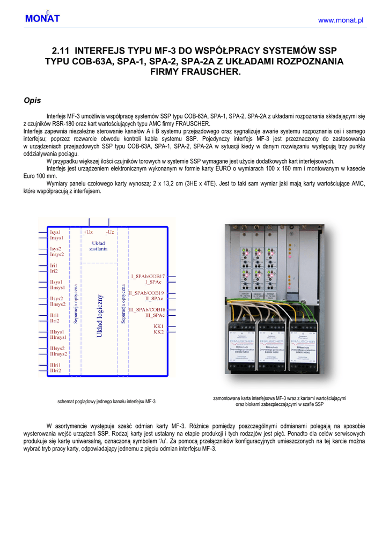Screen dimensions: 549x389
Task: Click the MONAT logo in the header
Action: (x=42, y=19)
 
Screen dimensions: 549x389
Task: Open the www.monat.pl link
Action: (x=341, y=20)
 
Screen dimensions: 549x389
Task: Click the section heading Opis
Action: (x=33, y=100)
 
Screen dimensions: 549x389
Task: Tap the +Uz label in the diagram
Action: (x=88, y=232)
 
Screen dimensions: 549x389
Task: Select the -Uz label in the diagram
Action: (x=110, y=232)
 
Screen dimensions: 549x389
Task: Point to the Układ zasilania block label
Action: (x=98, y=246)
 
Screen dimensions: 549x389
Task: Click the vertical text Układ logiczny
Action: (x=99, y=316)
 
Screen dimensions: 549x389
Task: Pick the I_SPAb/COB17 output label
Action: (x=148, y=276)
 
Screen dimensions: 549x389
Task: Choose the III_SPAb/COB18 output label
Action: (x=146, y=310)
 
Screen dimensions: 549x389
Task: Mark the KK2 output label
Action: (x=158, y=332)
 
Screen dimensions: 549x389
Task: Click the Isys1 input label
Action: (x=55, y=232)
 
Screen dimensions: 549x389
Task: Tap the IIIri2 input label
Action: (x=56, y=370)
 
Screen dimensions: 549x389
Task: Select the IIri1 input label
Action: (x=55, y=315)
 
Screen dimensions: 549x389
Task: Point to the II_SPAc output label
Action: (x=154, y=299)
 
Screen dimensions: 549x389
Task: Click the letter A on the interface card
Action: (x=292, y=279)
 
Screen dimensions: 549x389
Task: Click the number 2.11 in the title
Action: (x=61, y=50)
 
